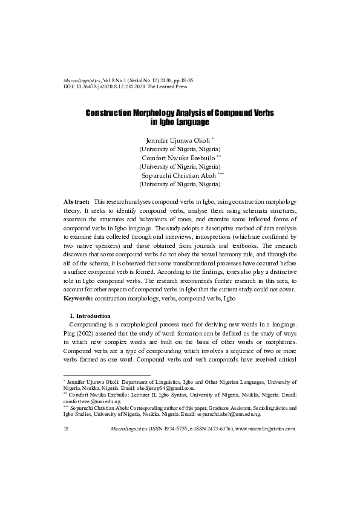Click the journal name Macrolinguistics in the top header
(x=83, y=80)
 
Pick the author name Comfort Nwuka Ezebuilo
(x=179, y=157)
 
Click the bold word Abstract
(x=77, y=200)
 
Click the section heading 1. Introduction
(x=90, y=316)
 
